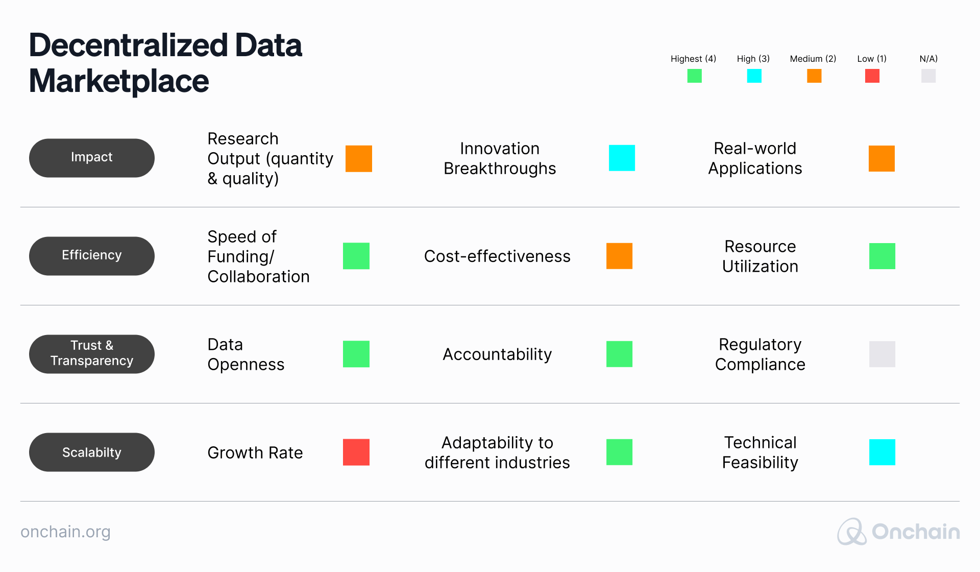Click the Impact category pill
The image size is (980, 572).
click(92, 158)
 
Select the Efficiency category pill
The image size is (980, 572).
click(92, 256)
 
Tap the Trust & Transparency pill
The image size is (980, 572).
click(92, 354)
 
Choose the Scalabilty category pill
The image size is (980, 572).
click(92, 452)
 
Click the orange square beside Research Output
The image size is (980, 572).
click(359, 158)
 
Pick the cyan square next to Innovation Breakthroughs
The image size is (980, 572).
click(622, 158)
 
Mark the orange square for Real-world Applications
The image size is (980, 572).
click(881, 158)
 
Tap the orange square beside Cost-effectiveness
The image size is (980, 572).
click(619, 256)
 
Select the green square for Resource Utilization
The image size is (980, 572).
click(882, 256)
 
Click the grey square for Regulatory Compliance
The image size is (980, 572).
click(882, 354)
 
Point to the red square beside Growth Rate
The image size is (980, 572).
click(356, 452)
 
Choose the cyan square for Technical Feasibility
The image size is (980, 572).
click(882, 452)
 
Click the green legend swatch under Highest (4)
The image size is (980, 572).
click(694, 76)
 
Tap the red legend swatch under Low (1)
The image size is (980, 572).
click(872, 76)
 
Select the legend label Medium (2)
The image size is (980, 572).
click(813, 59)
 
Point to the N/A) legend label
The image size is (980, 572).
click(928, 59)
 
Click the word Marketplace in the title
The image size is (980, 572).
click(119, 81)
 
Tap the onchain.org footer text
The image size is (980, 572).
click(65, 532)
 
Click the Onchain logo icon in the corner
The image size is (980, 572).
click(851, 532)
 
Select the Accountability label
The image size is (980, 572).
click(497, 354)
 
